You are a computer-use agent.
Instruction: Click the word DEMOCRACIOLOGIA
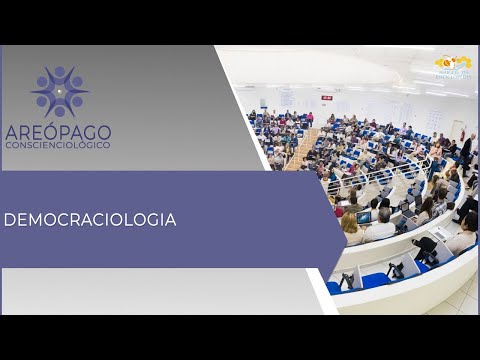90,220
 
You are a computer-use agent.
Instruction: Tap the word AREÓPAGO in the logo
58,132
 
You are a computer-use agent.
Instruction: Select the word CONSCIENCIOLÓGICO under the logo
58,145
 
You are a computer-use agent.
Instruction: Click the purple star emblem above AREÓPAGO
59,92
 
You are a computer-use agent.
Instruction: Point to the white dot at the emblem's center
59,92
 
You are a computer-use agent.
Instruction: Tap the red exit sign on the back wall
327,97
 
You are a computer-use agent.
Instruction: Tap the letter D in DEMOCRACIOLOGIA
9,220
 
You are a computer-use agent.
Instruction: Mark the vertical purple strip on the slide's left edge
2,180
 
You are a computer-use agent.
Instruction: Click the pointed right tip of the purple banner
346,220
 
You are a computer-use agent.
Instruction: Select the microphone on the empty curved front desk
391,269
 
